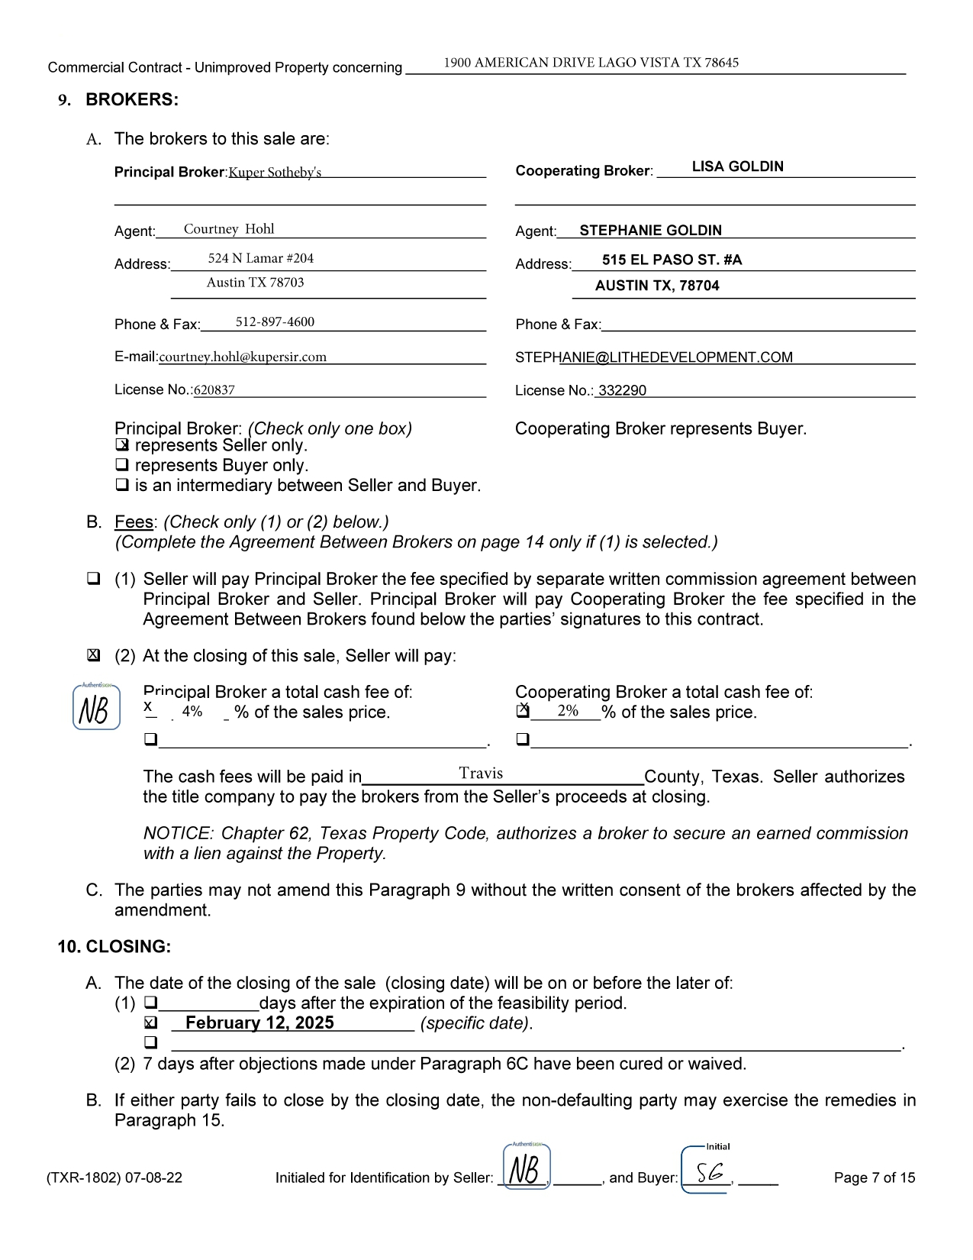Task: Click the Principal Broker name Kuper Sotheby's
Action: [x=275, y=173]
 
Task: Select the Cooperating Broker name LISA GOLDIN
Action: [x=737, y=166]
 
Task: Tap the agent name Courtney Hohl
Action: [x=229, y=229]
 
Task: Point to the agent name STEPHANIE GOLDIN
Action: [x=650, y=230]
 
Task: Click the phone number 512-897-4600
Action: [x=275, y=321]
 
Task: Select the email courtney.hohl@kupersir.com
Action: [x=243, y=357]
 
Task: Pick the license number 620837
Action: [x=214, y=390]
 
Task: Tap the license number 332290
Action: [x=622, y=390]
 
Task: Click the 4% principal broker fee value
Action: [x=192, y=712]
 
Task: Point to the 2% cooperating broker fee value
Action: [x=568, y=711]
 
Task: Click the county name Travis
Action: [x=481, y=774]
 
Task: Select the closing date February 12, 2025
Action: [x=259, y=1023]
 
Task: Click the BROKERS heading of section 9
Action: [x=132, y=100]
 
